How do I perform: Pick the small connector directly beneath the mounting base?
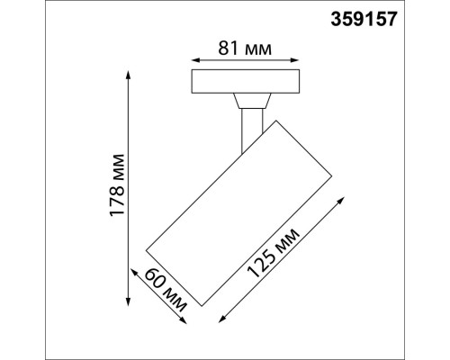pyautogui.click(x=247, y=101)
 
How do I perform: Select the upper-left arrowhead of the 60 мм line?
pyautogui.click(x=136, y=268)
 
